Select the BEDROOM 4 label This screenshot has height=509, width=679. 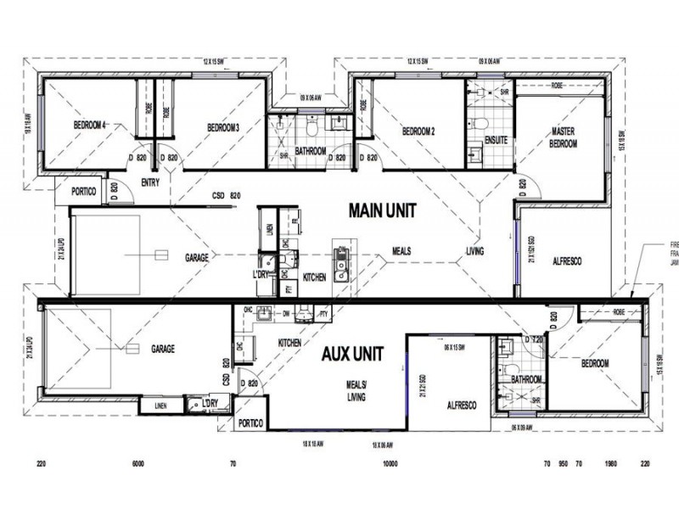click(89, 126)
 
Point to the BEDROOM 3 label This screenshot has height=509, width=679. click(223, 128)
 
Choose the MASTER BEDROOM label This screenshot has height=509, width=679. click(564, 137)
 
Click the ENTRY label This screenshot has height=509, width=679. click(150, 182)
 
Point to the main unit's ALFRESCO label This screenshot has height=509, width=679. click(566, 261)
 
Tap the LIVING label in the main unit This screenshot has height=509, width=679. click(474, 251)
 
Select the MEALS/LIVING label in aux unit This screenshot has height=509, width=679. click(356, 391)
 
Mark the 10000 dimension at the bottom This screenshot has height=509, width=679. click(390, 465)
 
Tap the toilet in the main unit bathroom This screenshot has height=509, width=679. click(313, 126)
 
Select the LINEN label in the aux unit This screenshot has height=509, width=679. click(162, 406)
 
